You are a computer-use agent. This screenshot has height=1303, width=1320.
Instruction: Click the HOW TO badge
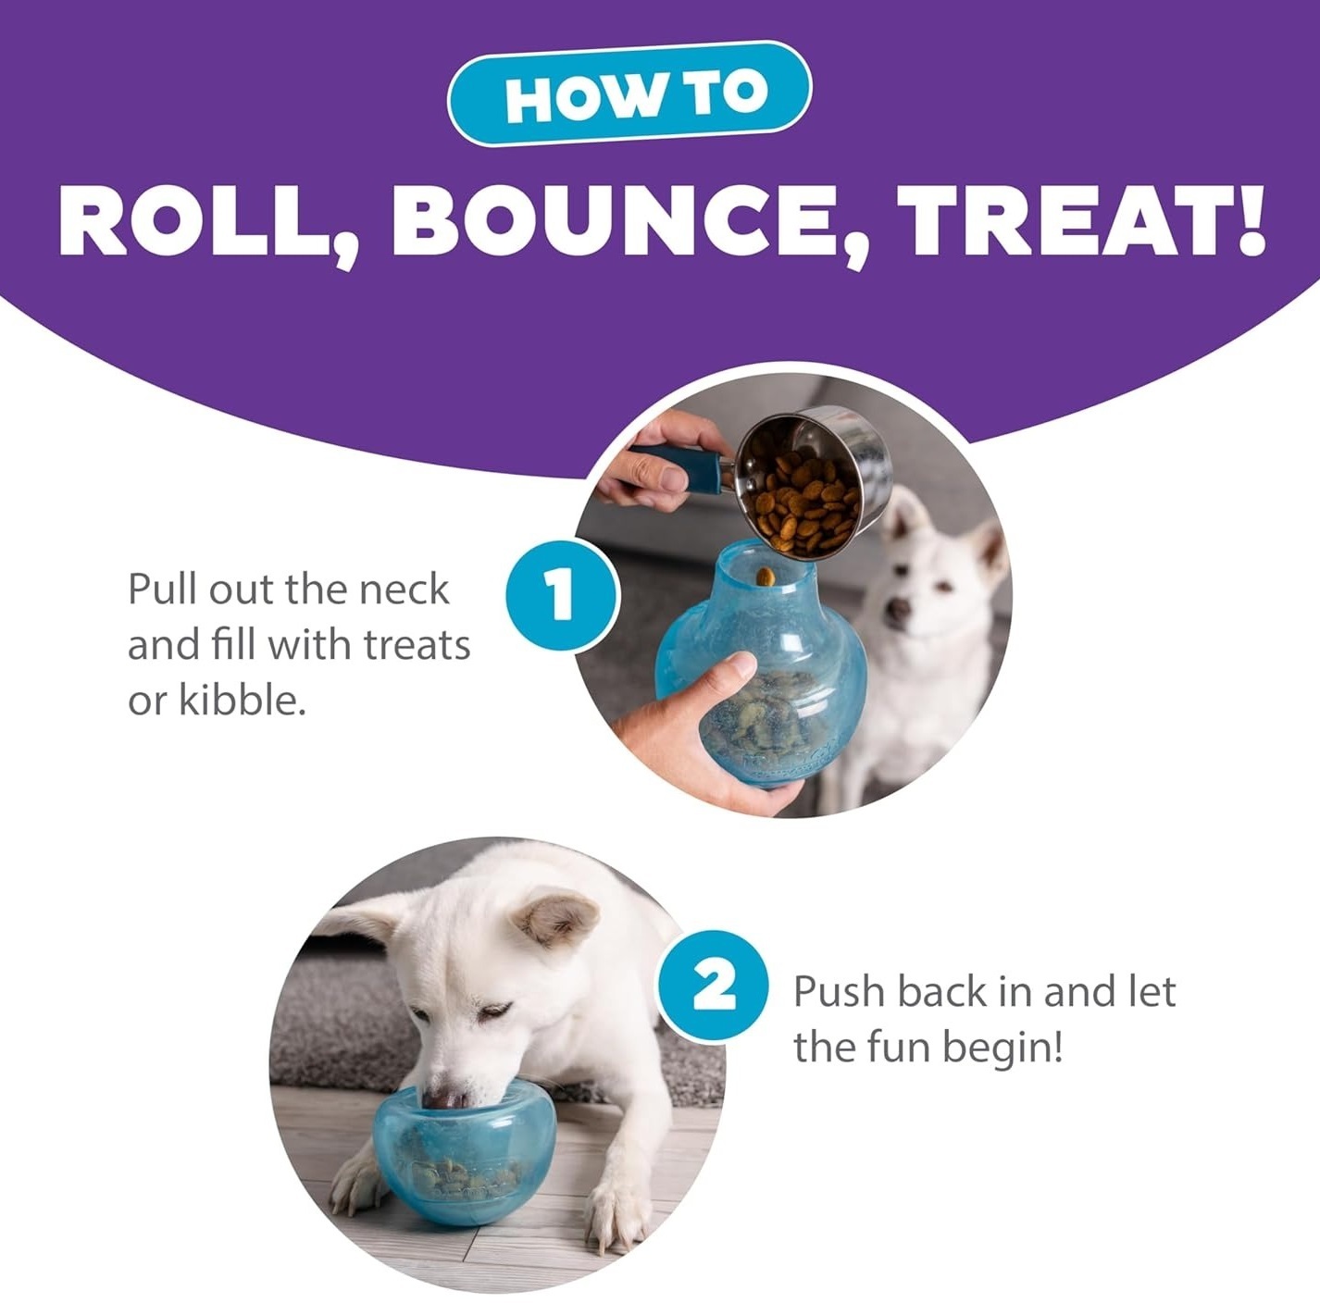tap(629, 93)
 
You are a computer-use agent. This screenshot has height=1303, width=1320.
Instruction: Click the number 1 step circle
tap(562, 595)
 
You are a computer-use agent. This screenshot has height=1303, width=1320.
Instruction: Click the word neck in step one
tap(405, 589)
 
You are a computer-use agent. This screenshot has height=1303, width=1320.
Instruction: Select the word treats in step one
tap(417, 645)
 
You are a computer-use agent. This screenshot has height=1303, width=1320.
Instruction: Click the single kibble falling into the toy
tap(766, 577)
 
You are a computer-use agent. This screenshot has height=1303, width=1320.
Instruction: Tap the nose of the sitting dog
tap(898, 608)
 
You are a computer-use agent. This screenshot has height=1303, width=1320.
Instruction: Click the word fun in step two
tap(898, 1049)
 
